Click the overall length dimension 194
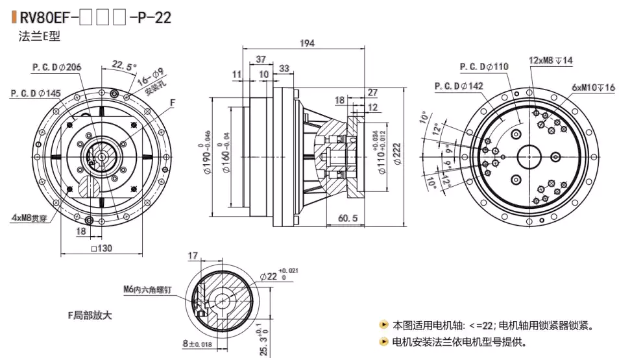click(308, 43)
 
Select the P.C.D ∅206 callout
click(57, 67)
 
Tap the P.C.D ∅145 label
click(36, 93)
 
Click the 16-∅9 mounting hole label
click(151, 80)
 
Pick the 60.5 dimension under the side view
click(348, 219)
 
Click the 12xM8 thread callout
click(550, 60)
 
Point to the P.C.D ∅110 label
click(484, 66)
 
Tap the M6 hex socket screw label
click(149, 289)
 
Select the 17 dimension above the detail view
click(193, 256)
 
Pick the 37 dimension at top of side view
click(261, 59)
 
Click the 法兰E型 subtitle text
click(40, 36)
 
